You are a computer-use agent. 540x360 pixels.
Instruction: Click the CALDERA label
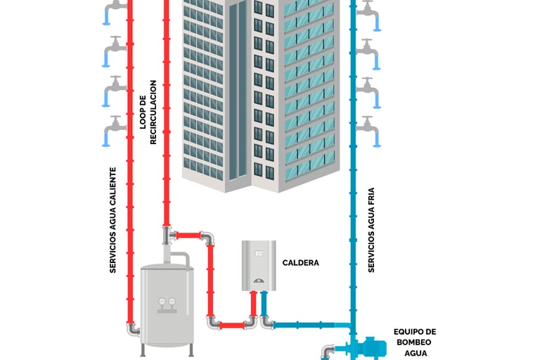point(300,263)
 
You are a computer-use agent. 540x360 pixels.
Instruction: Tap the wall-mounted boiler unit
point(259,265)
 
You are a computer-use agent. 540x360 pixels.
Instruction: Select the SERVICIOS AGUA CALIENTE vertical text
point(112,219)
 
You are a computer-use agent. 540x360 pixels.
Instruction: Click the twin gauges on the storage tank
point(167,302)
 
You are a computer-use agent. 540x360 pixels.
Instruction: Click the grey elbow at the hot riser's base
point(133,328)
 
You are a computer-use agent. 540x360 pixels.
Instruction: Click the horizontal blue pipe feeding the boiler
point(309,325)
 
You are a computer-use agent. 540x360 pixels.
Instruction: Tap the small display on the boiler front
point(259,253)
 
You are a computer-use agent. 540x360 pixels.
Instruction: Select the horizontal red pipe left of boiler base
point(231,325)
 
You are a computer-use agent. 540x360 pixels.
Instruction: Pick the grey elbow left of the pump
point(328,349)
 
